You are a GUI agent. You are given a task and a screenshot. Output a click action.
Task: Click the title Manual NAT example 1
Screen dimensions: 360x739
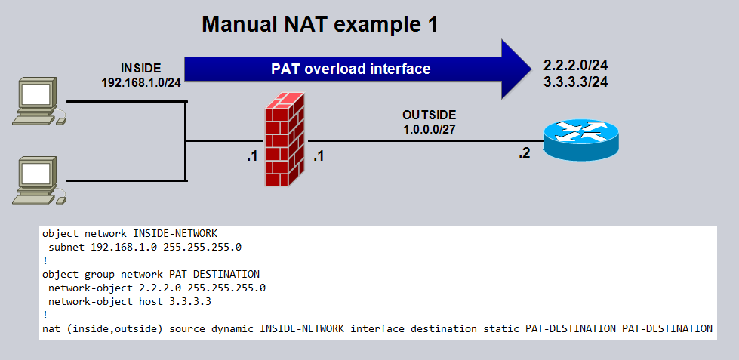(319, 24)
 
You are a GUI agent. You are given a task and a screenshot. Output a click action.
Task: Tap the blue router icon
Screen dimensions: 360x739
(580, 139)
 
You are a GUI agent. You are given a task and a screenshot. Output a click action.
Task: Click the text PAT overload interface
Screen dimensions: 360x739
(350, 69)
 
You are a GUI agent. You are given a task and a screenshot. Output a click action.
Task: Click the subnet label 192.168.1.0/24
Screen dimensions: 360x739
(141, 81)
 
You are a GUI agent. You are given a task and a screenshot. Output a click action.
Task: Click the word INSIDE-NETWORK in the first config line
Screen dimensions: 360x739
(159, 233)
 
